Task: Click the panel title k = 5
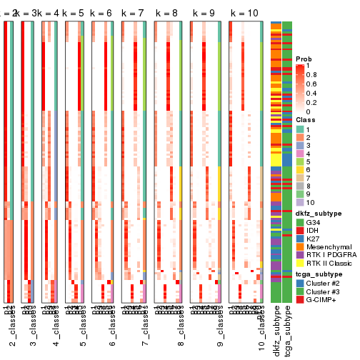tap(73, 13)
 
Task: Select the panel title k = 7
tap(133, 13)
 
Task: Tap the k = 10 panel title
tap(244, 13)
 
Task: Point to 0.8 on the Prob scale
tap(311, 74)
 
